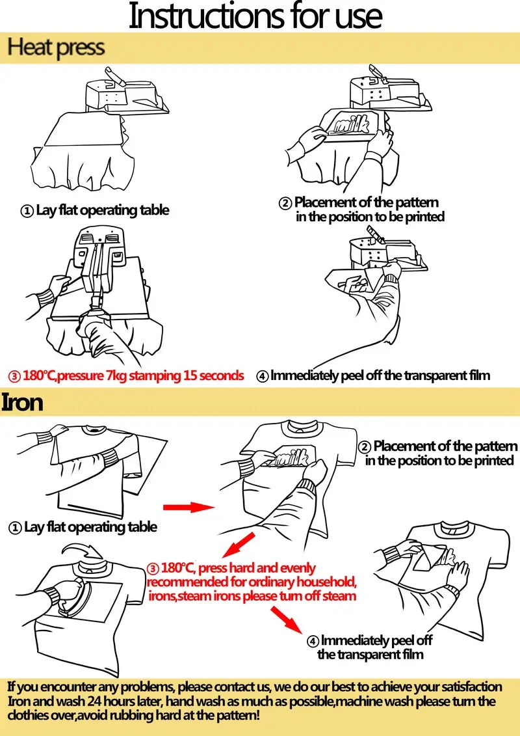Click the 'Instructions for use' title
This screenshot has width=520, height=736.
[x=255, y=16]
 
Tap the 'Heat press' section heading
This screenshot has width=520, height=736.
[x=56, y=48]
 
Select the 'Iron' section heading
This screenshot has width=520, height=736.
[x=22, y=402]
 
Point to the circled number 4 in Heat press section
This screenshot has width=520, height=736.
[x=262, y=376]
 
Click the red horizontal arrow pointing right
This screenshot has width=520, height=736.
[x=188, y=506]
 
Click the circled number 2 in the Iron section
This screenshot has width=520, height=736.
[x=365, y=447]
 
